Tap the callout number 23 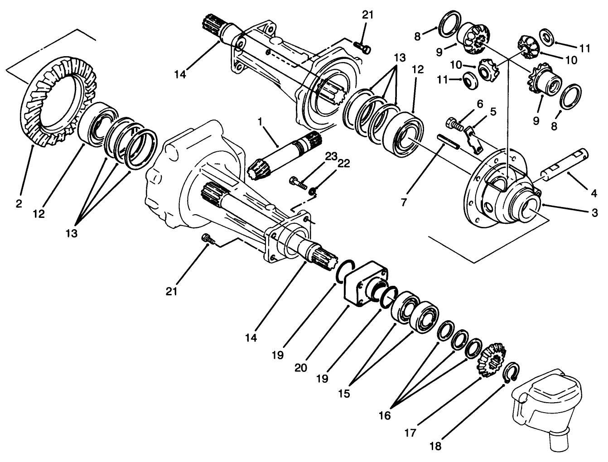point(331,157)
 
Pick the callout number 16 point(384,415)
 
